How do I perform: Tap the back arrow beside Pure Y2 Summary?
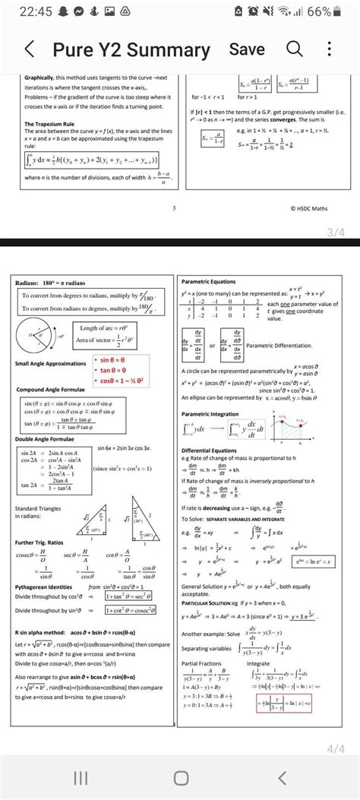coord(30,51)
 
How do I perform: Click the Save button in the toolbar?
coord(247,49)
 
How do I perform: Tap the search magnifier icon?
coord(294,50)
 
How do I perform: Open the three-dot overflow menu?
coord(329,50)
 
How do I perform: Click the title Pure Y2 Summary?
coord(131,51)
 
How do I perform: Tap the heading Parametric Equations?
coord(209,282)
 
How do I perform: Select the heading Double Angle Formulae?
coord(45,439)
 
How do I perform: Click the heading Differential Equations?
coord(208,450)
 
